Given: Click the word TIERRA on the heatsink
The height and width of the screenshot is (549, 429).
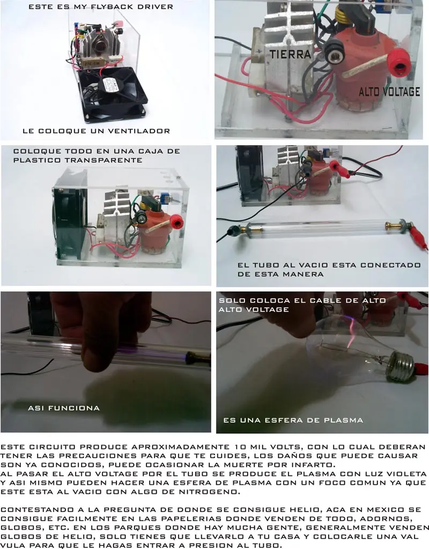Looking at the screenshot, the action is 290,54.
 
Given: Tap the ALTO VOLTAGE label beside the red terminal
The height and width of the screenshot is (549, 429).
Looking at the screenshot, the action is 389,92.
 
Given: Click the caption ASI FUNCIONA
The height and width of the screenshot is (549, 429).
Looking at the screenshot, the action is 64,408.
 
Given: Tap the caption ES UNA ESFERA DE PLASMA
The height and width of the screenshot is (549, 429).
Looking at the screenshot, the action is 293,420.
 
